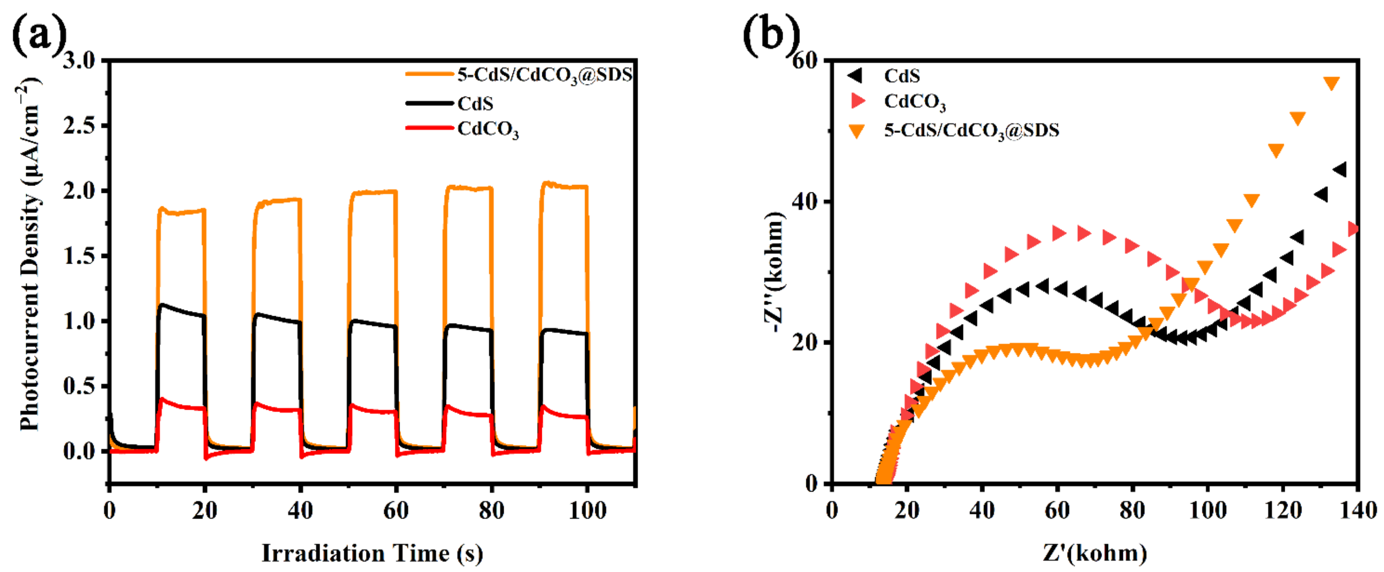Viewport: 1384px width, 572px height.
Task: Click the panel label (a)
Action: point(38,34)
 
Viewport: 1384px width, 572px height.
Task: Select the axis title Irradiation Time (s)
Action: point(372,553)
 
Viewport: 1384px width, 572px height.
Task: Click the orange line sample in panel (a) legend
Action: point(429,73)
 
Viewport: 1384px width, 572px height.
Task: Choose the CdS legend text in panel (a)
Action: point(475,104)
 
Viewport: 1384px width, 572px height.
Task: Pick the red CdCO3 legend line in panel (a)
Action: point(429,128)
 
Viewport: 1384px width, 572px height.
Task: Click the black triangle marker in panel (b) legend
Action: point(855,76)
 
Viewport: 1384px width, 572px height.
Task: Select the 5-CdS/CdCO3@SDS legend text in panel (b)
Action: point(971,130)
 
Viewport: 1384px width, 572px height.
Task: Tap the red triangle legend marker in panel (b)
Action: point(858,101)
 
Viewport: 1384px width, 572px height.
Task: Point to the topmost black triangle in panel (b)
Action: point(1340,170)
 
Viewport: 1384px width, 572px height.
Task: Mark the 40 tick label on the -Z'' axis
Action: point(804,202)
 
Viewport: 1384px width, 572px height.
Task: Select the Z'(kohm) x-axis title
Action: point(1095,553)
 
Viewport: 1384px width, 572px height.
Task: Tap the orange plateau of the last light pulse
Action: point(564,186)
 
